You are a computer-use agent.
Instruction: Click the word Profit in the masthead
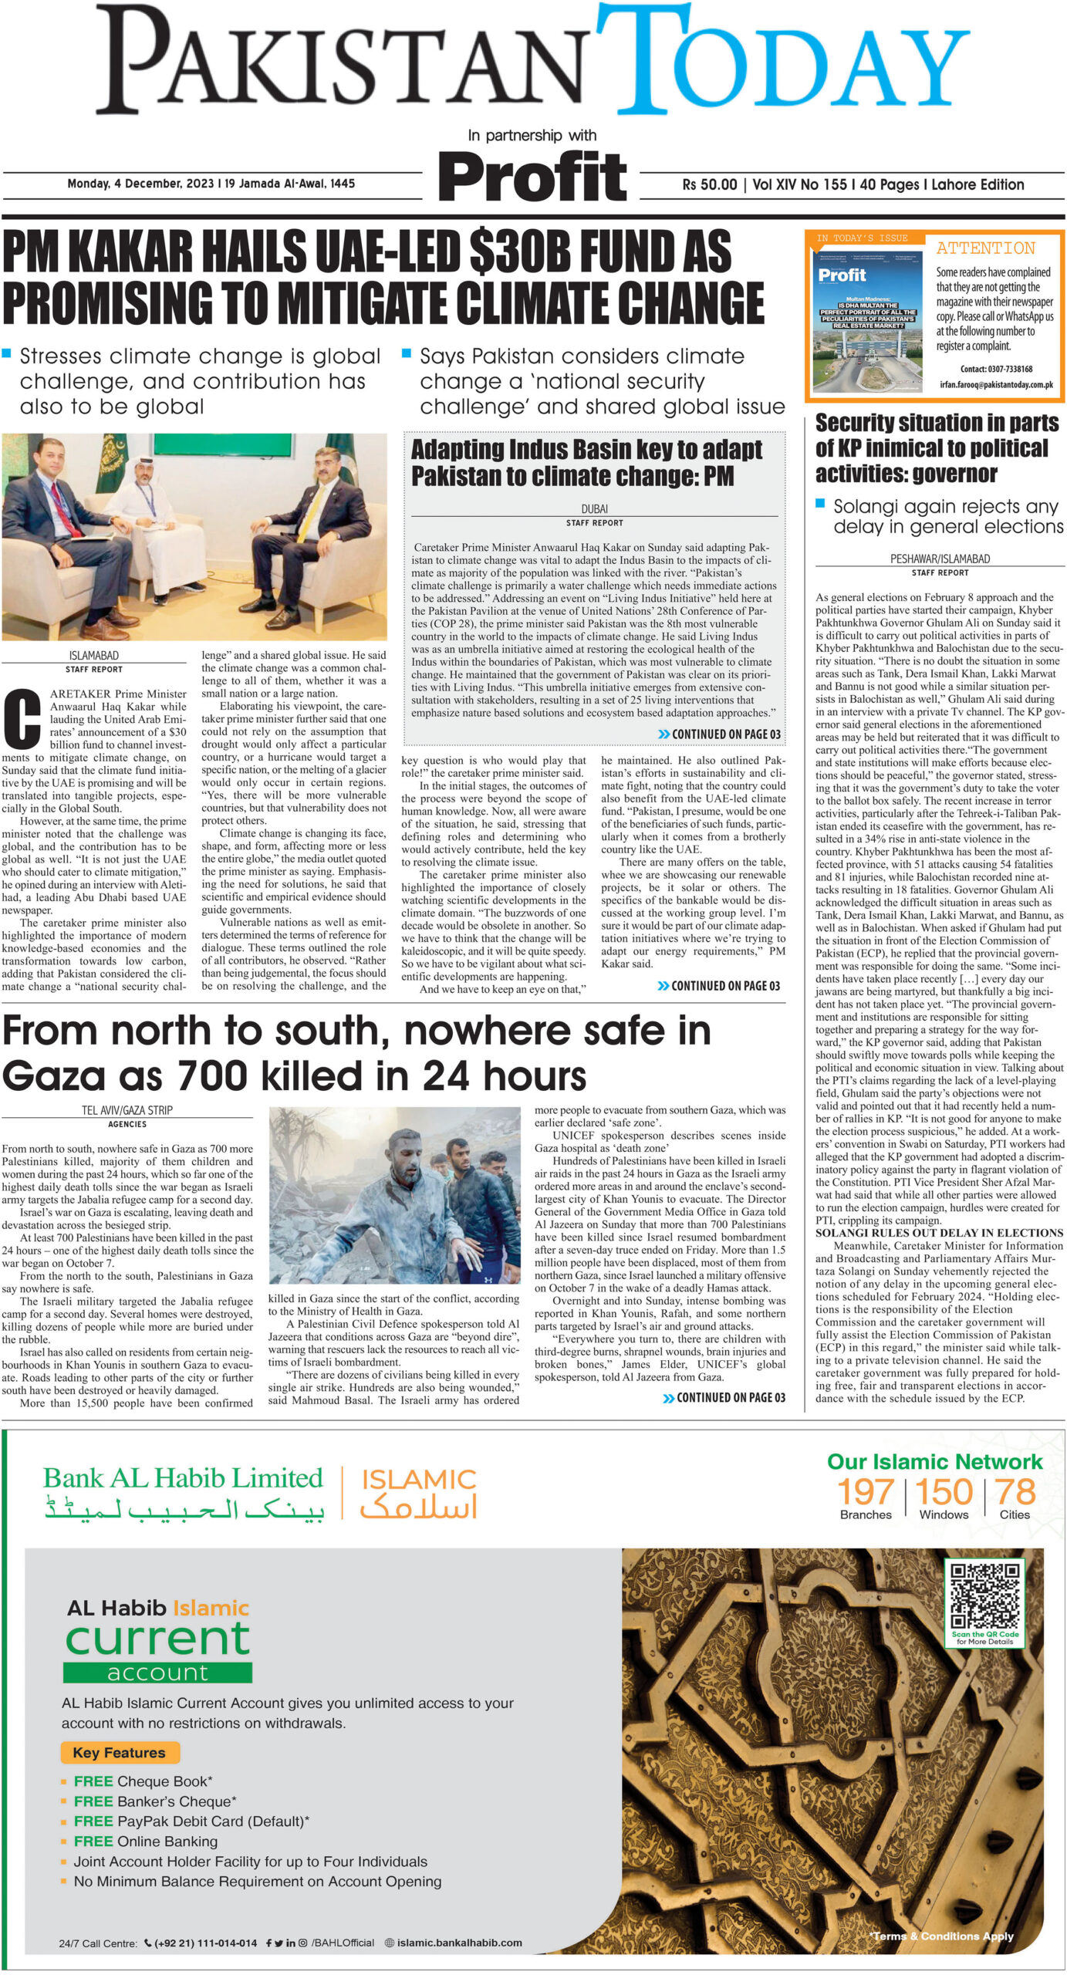pyautogui.click(x=533, y=176)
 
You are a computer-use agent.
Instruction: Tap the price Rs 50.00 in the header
pyautogui.click(x=709, y=184)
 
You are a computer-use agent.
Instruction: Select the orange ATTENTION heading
pyautogui.click(x=985, y=248)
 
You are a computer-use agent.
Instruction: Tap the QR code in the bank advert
pyautogui.click(x=984, y=1595)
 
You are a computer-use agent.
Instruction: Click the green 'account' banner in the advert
pyautogui.click(x=157, y=1672)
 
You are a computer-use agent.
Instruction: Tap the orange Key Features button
pyautogui.click(x=119, y=1752)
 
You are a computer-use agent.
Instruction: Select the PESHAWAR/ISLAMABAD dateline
pyautogui.click(x=940, y=559)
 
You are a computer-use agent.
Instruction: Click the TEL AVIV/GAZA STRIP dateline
pyautogui.click(x=127, y=1109)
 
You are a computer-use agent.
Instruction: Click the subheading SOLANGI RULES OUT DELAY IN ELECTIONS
pyautogui.click(x=939, y=1233)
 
